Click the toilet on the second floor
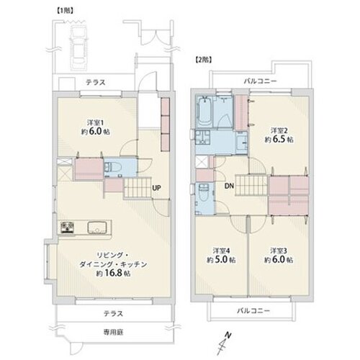(x=205, y=194)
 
